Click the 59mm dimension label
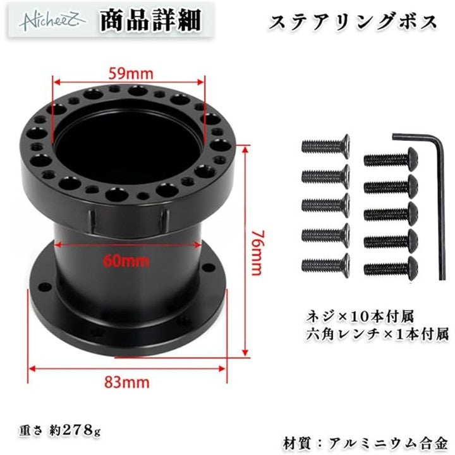[131, 74]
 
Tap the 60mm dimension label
[126, 261]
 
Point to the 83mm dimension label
[127, 383]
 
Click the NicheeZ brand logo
[52, 21]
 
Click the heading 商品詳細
[150, 21]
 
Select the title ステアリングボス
[353, 22]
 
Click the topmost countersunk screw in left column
[325, 147]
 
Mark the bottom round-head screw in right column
[391, 268]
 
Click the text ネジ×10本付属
[360, 317]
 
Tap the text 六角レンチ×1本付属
[377, 334]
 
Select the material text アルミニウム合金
[389, 444]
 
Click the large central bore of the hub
[128, 142]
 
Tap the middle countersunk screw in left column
[325, 206]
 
